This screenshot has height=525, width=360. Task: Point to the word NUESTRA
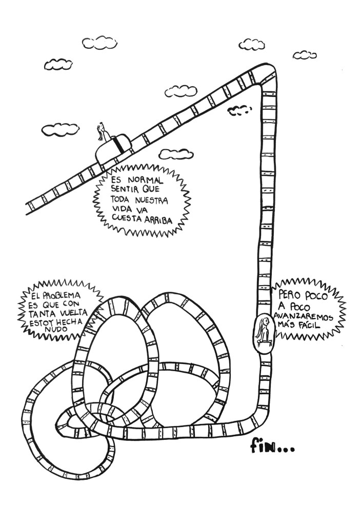coord(152,200)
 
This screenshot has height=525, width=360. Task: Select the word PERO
coord(289,296)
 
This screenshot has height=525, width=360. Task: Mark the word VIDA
coord(119,210)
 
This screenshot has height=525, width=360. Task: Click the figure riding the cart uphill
coord(103,132)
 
